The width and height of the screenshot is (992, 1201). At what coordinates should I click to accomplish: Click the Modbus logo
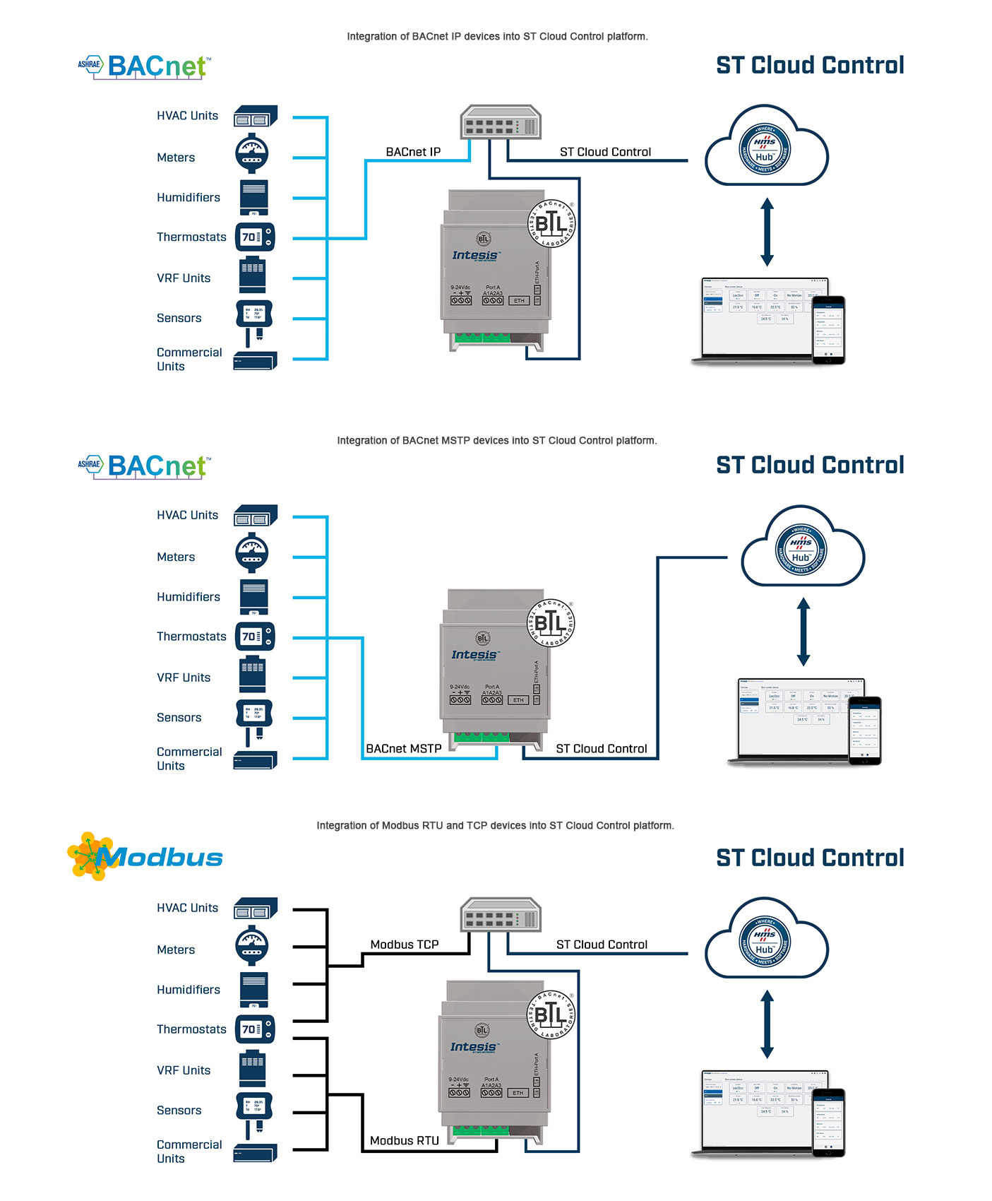coord(145,856)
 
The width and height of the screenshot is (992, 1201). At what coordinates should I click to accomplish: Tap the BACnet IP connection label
coord(413,152)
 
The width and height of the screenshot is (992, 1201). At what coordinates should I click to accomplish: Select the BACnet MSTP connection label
coord(404,749)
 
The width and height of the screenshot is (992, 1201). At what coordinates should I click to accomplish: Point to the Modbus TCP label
coord(405,945)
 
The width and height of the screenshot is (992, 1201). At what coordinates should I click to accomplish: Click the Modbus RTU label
coord(405,1140)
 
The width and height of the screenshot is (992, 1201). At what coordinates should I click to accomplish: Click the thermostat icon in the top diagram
coord(254,237)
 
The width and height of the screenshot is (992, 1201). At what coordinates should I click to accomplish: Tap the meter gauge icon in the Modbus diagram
coord(252,947)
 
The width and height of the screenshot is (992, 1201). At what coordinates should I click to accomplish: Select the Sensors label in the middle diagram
coord(179,718)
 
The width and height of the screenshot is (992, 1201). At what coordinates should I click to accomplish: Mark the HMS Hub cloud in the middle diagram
coord(803,548)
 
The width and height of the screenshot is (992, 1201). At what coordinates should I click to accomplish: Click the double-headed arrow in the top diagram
coord(767,232)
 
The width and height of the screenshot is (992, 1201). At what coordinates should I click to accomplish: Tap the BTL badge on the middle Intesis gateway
coord(551,623)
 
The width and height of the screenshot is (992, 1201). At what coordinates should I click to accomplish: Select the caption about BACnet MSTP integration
coord(496,441)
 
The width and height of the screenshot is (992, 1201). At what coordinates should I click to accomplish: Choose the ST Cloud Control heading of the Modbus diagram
coord(810,858)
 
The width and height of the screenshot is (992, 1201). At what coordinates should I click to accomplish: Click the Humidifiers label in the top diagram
coord(188,198)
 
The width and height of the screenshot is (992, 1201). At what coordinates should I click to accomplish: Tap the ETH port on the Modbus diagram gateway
coord(518,1093)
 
